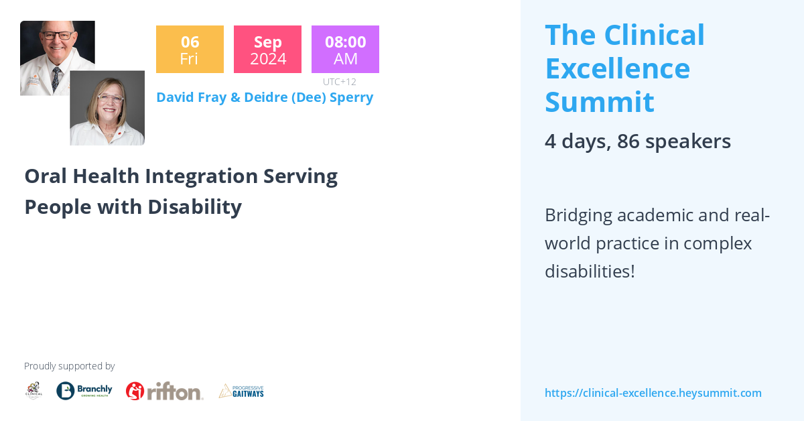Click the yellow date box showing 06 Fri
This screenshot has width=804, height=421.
pyautogui.click(x=190, y=49)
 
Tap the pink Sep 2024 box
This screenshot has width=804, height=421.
pyautogui.click(x=267, y=49)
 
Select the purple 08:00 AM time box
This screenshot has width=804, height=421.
pyautogui.click(x=345, y=49)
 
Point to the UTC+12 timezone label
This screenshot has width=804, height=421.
pyautogui.click(x=340, y=82)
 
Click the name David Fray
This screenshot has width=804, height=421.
pyautogui.click(x=192, y=98)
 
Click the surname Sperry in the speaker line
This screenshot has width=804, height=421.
pyautogui.click(x=351, y=98)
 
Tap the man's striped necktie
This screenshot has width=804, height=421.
pyautogui.click(x=56, y=78)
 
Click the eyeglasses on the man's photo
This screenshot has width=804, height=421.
pyautogui.click(x=58, y=36)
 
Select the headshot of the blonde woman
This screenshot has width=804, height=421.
pyautogui.click(x=107, y=108)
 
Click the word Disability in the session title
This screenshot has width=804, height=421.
pyautogui.click(x=195, y=207)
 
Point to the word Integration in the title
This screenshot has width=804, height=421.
pyautogui.click(x=202, y=177)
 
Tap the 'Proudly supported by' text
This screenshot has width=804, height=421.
pyautogui.click(x=69, y=366)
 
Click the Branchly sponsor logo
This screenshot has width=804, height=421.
pyautogui.click(x=84, y=391)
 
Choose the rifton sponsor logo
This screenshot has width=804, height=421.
pyautogui.click(x=165, y=392)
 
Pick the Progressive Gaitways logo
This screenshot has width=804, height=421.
pyautogui.click(x=241, y=392)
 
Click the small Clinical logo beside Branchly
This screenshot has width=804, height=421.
pyautogui.click(x=33, y=391)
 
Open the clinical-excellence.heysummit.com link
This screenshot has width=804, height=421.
pyautogui.click(x=653, y=393)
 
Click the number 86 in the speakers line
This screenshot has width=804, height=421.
pyautogui.click(x=628, y=141)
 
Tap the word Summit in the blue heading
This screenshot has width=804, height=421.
pyautogui.click(x=600, y=102)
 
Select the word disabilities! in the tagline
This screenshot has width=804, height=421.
pyautogui.click(x=590, y=272)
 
